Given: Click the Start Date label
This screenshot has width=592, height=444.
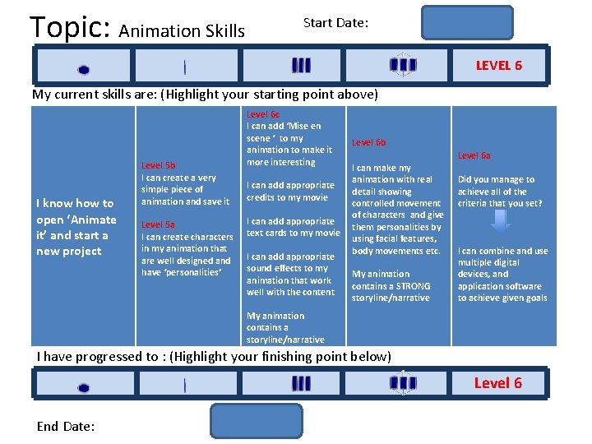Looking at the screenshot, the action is pos(335,23).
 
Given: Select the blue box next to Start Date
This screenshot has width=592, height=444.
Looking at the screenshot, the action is pos(467,23).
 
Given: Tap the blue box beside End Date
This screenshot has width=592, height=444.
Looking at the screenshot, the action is pos(257,420).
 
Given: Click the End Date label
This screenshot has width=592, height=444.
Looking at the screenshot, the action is pos(66,426).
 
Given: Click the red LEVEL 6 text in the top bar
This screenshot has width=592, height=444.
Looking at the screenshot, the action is pos(498,66).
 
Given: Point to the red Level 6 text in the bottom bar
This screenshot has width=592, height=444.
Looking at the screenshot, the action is pos(497,383).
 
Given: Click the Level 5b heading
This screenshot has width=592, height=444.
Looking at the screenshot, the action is pos(158,165).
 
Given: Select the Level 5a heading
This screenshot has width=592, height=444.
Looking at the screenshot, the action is pos(158,224).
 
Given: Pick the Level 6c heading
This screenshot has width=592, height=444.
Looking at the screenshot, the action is pos(263,114).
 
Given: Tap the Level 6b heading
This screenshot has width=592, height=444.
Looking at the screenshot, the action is pos(368,142).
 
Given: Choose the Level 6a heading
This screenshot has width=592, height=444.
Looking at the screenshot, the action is pos(474,155).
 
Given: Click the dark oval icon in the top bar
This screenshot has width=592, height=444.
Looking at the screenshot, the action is pos(83,70).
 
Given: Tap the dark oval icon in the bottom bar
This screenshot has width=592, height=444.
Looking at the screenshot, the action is pos(83,387).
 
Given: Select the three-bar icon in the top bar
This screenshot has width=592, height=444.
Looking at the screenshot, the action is pos(301,66).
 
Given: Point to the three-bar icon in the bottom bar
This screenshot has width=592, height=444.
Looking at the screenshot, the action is pos(301,383).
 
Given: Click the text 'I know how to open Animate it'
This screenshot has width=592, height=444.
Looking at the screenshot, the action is pos(76,227).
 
